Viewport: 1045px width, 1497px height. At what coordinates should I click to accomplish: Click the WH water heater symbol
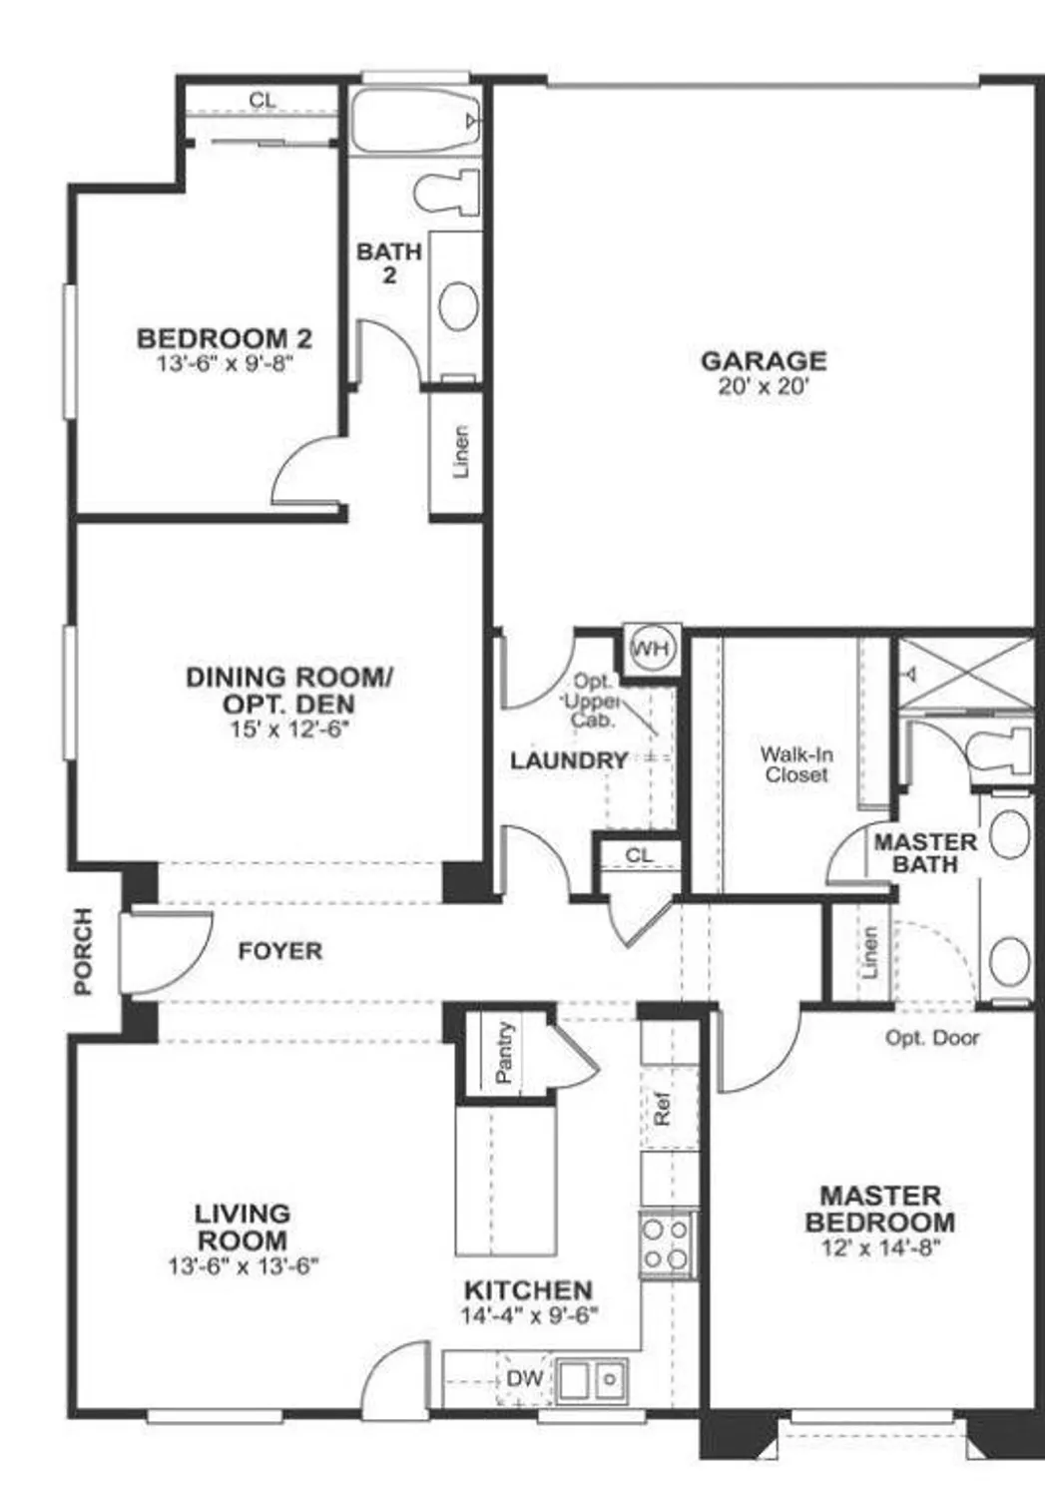click(x=652, y=650)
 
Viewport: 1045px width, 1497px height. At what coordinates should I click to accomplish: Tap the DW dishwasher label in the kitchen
click(x=525, y=1378)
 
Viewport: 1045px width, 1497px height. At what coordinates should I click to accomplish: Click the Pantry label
click(x=505, y=1052)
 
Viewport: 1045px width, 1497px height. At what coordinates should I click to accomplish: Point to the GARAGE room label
click(x=764, y=360)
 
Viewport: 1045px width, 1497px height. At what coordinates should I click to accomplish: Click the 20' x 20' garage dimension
click(x=764, y=386)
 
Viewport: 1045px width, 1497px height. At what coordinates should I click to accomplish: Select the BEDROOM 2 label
click(x=225, y=338)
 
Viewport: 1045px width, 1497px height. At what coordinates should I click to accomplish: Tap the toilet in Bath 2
click(x=446, y=193)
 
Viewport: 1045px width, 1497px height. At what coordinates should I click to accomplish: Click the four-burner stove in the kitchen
click(x=667, y=1244)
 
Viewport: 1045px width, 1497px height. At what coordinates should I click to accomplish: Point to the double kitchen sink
click(x=591, y=1380)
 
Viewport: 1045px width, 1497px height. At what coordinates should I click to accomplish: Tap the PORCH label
click(x=83, y=951)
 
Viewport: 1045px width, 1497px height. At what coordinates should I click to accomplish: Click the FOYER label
click(x=280, y=951)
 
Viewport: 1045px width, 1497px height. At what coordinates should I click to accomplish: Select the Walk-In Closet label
click(x=796, y=764)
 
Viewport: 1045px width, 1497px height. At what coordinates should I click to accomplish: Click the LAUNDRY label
click(x=569, y=760)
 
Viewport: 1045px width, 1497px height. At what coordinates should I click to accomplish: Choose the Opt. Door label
click(x=932, y=1038)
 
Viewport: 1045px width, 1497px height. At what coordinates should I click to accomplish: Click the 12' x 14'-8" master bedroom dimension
click(x=881, y=1247)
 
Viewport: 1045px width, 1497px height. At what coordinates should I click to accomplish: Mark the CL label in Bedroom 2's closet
click(x=262, y=100)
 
